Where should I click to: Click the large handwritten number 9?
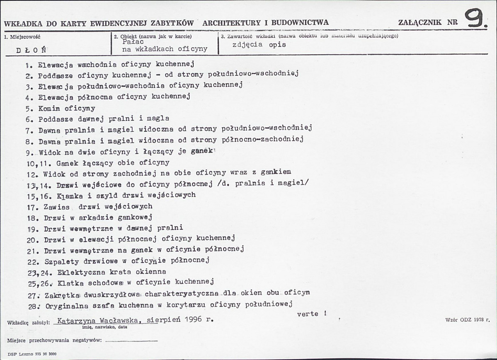[475, 19]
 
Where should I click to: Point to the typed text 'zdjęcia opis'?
[259, 45]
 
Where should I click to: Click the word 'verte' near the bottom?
[308, 314]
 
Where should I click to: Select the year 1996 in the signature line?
[194, 320]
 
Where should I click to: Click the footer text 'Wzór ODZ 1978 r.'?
[467, 320]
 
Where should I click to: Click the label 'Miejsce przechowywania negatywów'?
[54, 340]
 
